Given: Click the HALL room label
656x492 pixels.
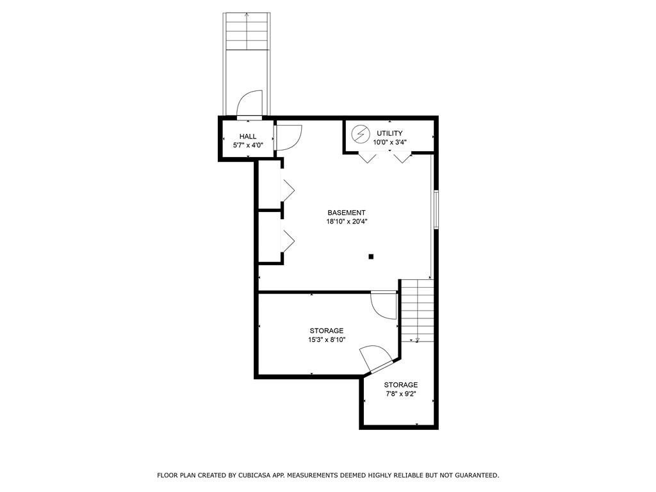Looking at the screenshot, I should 248,136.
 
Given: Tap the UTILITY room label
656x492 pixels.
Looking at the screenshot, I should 389,133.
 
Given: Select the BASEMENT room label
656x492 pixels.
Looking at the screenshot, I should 346,213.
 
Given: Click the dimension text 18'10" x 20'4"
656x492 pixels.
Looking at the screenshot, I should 346,222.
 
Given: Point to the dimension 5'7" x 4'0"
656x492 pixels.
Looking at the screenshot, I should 248,145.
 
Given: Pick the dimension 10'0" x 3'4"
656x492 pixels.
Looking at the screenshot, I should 389,142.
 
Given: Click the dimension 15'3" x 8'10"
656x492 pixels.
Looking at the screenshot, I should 327,340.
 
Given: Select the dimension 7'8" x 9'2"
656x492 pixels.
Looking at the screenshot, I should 401,394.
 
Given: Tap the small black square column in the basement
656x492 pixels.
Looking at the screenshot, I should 371,257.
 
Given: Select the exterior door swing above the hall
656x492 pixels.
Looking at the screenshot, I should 250,104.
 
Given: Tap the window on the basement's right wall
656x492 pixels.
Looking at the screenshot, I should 436,209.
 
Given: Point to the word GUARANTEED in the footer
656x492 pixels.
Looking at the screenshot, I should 474,475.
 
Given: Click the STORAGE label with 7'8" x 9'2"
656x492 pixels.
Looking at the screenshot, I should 401,385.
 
